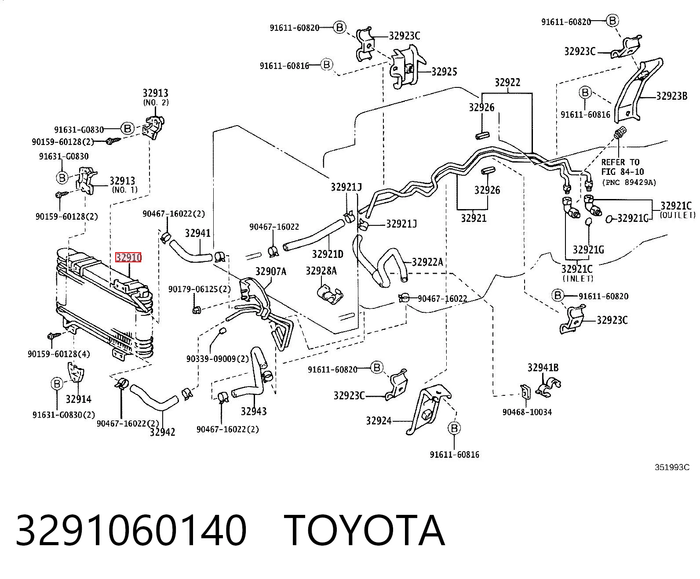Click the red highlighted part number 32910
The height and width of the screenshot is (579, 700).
click(128, 257)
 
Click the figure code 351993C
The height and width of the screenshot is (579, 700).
click(672, 467)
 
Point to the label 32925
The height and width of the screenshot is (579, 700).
click(444, 72)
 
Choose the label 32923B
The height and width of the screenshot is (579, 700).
click(671, 96)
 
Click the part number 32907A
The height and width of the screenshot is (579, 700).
click(271, 271)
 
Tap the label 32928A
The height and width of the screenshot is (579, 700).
click(321, 271)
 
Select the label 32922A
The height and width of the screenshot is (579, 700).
click(427, 262)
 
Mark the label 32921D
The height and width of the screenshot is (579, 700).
click(328, 254)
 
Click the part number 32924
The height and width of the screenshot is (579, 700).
click(379, 420)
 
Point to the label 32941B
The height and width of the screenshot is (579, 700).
click(543, 368)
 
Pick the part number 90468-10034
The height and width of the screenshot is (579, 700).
click(527, 412)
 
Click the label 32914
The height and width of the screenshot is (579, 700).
click(78, 399)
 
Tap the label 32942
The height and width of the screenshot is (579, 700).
click(162, 432)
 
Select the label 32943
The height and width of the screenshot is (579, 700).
click(253, 411)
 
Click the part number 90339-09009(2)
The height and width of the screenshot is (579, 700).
click(218, 359)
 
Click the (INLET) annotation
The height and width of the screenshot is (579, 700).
click(578, 279)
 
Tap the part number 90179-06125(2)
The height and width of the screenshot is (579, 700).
click(200, 289)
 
